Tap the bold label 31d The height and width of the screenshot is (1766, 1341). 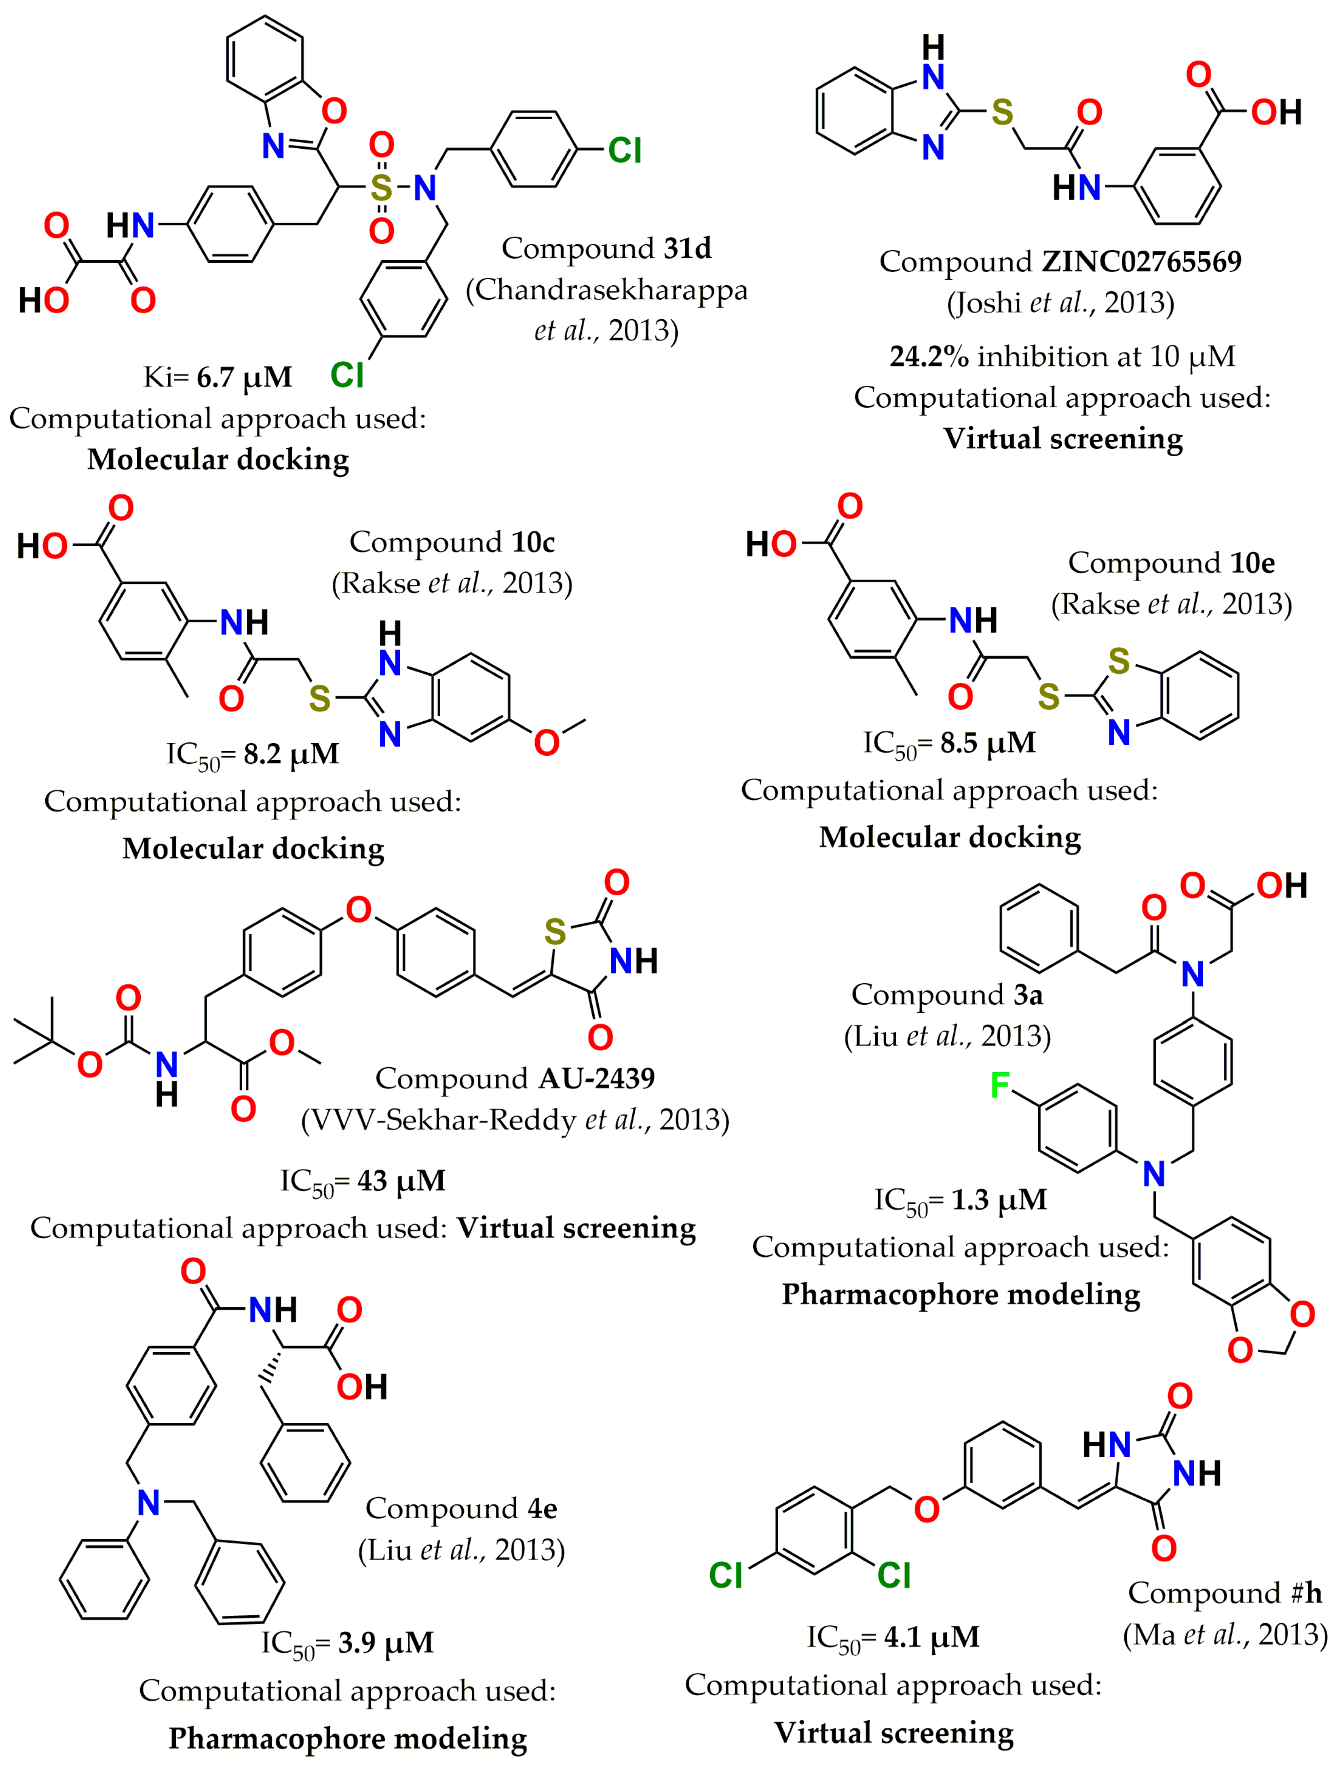(x=687, y=248)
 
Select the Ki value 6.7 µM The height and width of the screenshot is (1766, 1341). (x=245, y=377)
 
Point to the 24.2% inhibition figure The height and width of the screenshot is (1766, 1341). (x=929, y=356)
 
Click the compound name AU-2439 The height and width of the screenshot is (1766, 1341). (x=597, y=1079)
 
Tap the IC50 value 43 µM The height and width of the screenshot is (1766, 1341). (x=401, y=1180)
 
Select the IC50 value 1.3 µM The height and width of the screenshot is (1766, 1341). (x=998, y=1199)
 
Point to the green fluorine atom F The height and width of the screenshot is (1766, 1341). (x=999, y=1085)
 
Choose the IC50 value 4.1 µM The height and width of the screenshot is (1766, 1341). (x=931, y=1637)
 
